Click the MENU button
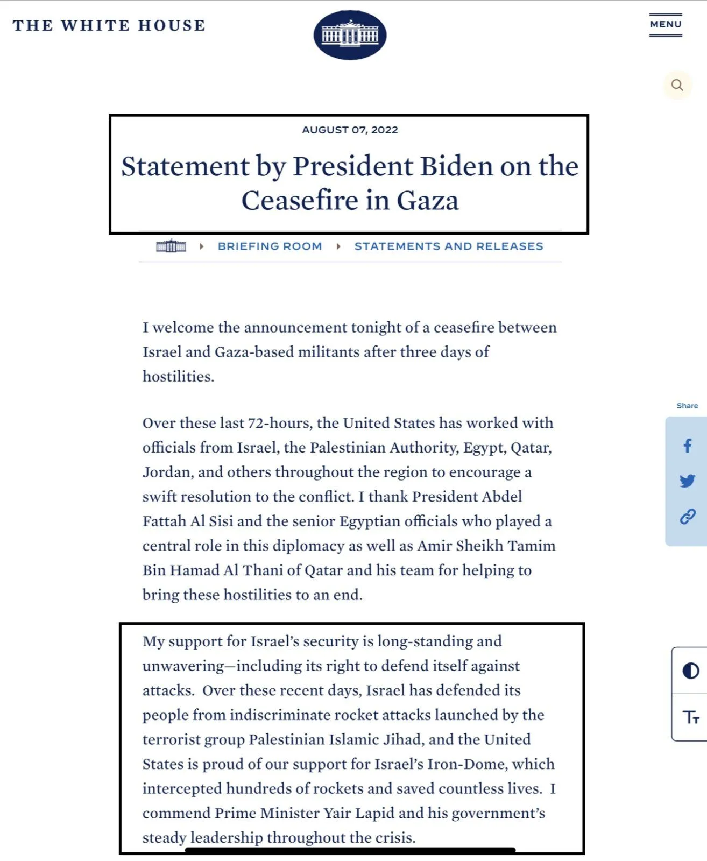point(666,25)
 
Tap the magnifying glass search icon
point(677,85)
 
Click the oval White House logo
point(350,35)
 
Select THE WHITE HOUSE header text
point(109,25)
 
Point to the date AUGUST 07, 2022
point(350,130)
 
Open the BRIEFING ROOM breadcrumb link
point(270,246)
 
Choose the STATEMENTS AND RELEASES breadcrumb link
point(448,246)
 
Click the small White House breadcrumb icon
point(171,246)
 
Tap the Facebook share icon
point(687,446)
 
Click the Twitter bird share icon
point(687,481)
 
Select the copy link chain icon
point(688,517)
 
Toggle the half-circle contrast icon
point(690,671)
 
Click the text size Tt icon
point(691,717)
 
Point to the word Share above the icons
point(687,406)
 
